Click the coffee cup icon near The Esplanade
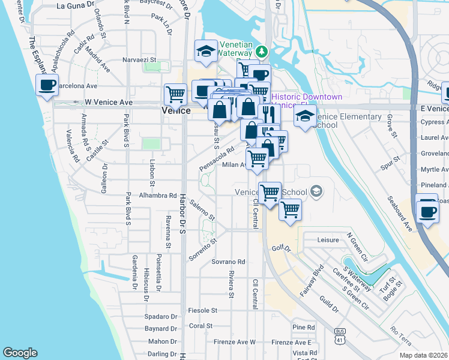coord(47,85)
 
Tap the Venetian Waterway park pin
coord(261,49)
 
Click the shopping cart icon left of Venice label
coord(175,94)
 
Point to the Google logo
coord(20,353)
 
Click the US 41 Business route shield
coord(340,334)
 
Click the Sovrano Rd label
coord(228,262)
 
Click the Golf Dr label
coord(281,247)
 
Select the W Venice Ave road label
coord(108,103)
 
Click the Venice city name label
coord(176,111)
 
